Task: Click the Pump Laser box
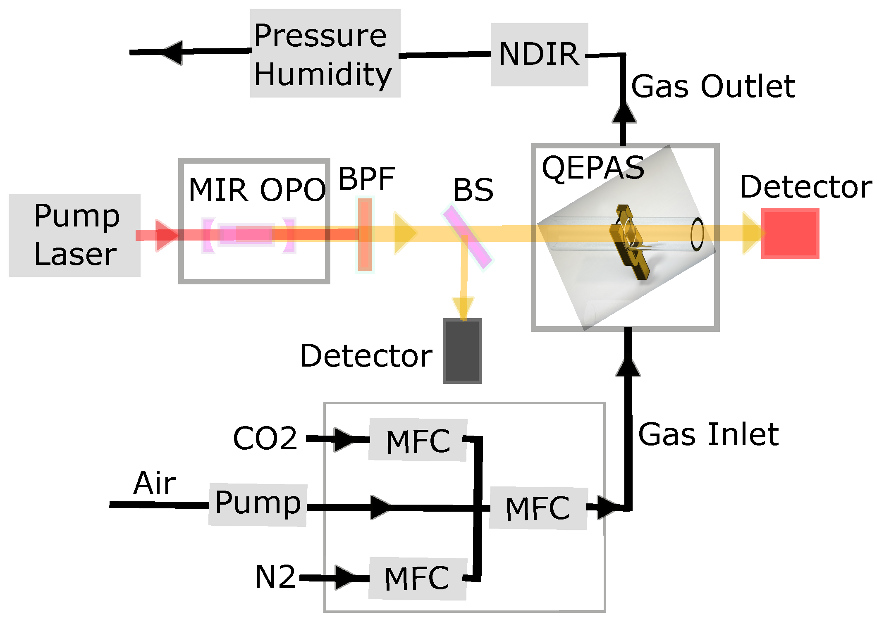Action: (x=74, y=235)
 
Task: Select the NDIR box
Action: (x=539, y=55)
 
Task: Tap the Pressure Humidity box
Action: (x=325, y=54)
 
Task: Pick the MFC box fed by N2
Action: (x=418, y=579)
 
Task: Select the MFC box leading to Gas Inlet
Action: (x=538, y=508)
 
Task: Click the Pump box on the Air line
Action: (x=258, y=505)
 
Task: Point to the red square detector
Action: (x=790, y=234)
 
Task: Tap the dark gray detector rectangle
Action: (x=462, y=350)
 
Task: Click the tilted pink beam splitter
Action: (x=468, y=237)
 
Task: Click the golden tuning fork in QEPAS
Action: (x=628, y=242)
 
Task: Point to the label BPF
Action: (x=366, y=179)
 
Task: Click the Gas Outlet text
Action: (x=713, y=86)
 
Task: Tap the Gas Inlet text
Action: (x=708, y=434)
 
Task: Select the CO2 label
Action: (x=265, y=438)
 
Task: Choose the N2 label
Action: (x=275, y=577)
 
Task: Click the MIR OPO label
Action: (x=257, y=190)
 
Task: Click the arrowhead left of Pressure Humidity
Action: (x=174, y=52)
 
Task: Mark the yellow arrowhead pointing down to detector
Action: (x=463, y=308)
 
